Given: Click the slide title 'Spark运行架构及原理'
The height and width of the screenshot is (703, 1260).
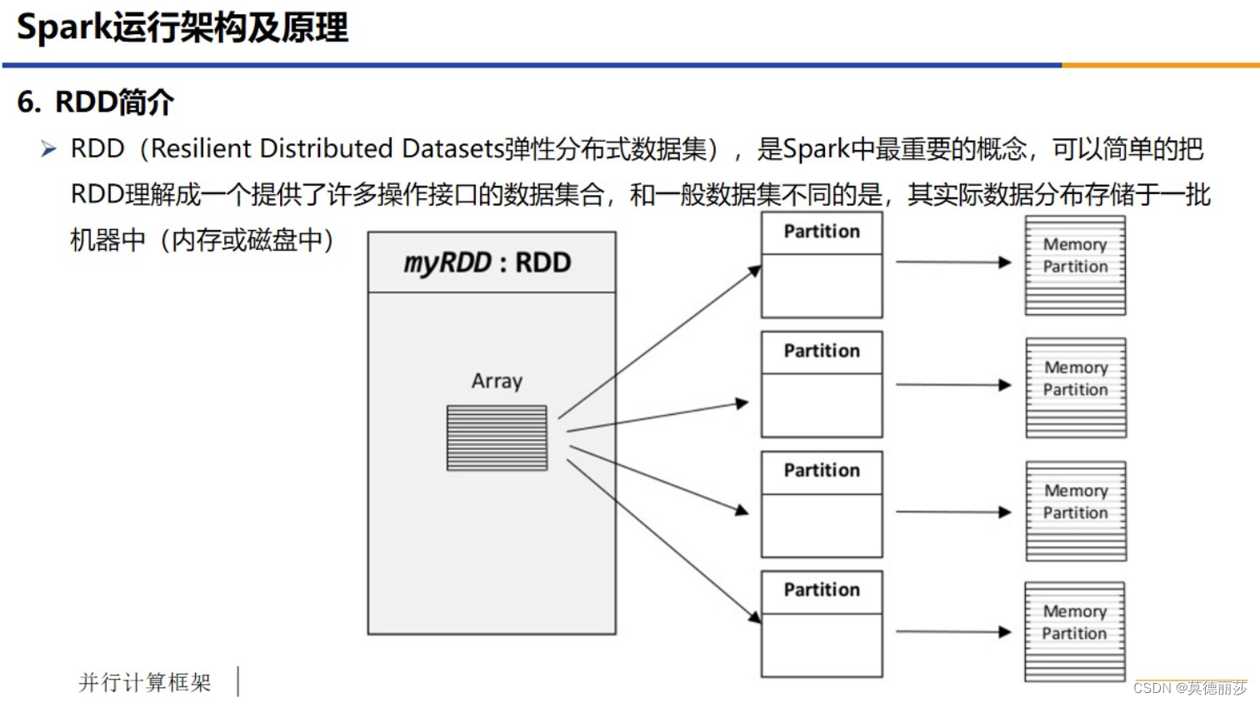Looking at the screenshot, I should point(182,27).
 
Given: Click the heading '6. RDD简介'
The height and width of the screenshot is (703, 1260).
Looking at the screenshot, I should point(95,102).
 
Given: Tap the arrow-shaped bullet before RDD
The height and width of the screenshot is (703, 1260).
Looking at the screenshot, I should point(48,149).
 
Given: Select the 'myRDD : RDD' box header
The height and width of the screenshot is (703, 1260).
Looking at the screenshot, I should point(491,262).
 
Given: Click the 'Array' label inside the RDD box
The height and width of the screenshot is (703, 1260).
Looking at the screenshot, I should point(497,381).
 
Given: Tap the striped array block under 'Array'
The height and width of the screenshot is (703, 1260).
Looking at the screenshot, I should point(497,437).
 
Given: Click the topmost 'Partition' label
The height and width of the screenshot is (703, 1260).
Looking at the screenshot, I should point(822,232).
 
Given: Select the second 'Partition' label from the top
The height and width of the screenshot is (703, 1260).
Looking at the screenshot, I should point(822,351).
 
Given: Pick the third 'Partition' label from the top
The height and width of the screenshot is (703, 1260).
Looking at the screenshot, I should point(822,471).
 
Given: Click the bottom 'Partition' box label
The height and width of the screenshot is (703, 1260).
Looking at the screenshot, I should point(822,590).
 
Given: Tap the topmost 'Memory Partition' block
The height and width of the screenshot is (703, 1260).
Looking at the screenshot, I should point(1075,265).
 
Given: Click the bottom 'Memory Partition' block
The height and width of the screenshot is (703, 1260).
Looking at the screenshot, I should point(1074,631).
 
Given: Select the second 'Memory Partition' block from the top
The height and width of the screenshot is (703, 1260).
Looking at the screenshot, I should point(1076,387).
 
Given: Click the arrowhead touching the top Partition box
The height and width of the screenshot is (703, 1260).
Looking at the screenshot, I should point(755,270).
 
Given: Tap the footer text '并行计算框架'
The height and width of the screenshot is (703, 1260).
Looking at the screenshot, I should point(145,682).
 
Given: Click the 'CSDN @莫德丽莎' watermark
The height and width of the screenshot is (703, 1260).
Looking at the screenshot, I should point(1190,688).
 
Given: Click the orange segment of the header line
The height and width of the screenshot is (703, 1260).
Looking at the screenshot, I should point(1160,64).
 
